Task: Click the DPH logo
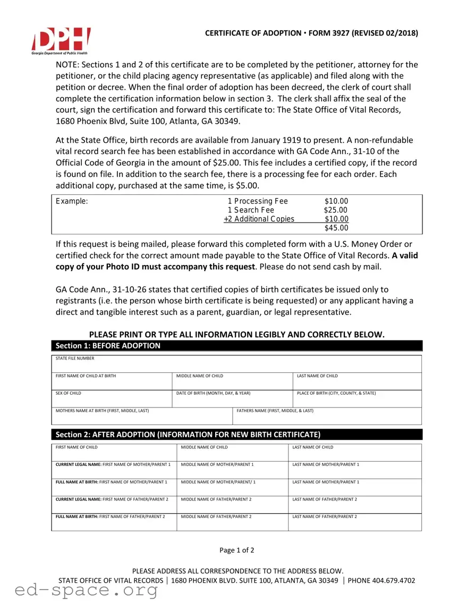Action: point(61,40)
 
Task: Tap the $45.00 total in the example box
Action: point(336,228)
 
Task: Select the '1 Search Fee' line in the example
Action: point(251,210)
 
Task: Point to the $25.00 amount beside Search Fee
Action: point(336,210)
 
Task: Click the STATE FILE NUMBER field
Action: point(236,364)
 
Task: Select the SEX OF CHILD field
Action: point(112,399)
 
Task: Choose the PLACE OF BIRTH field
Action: point(357,399)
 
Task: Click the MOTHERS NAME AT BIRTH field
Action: point(141,416)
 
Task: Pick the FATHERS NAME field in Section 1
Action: point(327,416)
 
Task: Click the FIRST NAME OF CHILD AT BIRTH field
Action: point(112,382)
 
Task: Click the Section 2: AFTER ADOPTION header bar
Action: point(236,435)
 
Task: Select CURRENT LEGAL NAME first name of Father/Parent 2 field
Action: point(114,505)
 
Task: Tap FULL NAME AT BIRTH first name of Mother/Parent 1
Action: point(114,488)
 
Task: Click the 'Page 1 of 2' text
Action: point(237,550)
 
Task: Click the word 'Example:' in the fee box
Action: point(72,201)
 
